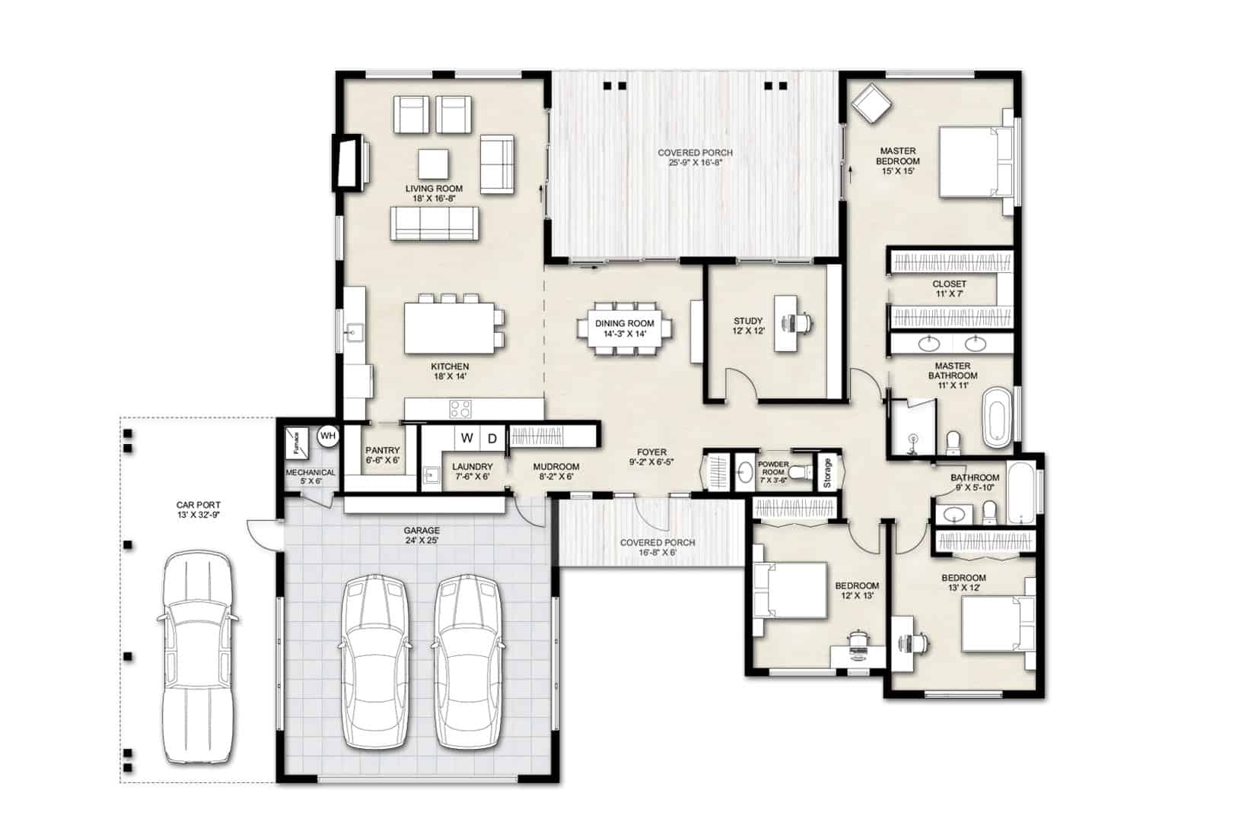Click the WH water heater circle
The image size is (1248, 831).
[x=327, y=436]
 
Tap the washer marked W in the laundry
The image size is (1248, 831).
[x=467, y=438]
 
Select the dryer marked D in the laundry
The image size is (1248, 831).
[x=492, y=438]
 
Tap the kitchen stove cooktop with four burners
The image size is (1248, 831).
[x=460, y=409]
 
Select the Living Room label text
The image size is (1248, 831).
[x=434, y=189]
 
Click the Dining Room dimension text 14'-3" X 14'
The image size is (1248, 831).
[x=625, y=334]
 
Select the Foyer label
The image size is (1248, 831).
[x=652, y=452]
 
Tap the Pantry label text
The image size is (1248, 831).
[x=382, y=451]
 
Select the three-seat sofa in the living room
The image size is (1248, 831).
[x=434, y=224]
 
